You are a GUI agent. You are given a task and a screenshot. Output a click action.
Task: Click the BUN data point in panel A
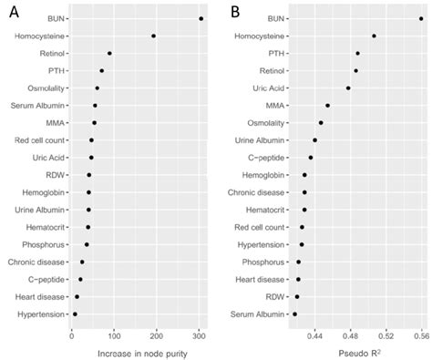[x=201, y=18]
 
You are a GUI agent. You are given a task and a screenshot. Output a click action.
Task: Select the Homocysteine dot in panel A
[x=153, y=36]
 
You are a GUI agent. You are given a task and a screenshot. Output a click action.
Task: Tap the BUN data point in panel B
[x=420, y=18]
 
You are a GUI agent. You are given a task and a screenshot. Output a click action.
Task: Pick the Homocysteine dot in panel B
[x=374, y=36]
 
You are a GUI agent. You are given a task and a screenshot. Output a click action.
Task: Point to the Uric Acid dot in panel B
[x=348, y=87]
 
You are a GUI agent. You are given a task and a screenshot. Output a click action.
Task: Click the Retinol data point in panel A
[x=109, y=53]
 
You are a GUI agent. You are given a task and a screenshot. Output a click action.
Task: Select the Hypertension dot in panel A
[x=75, y=314]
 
